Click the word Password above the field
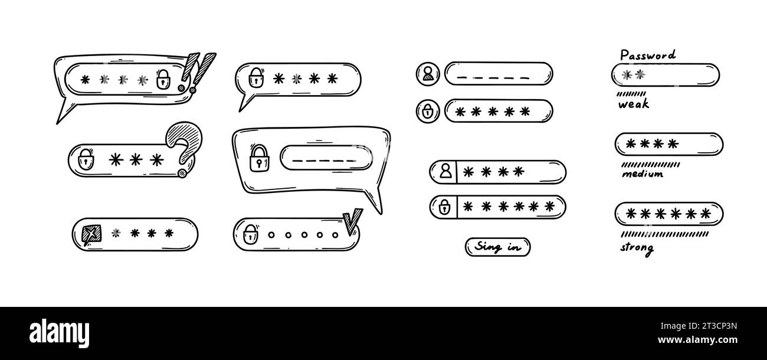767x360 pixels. (647, 55)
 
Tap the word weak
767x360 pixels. (633, 104)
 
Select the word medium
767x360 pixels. (642, 174)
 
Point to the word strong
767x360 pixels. (637, 247)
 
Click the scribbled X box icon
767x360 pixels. (91, 234)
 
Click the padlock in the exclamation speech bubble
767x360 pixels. (163, 80)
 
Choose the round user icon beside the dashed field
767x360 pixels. (428, 74)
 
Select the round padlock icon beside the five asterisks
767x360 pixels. (428, 110)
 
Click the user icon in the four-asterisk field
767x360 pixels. (445, 172)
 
